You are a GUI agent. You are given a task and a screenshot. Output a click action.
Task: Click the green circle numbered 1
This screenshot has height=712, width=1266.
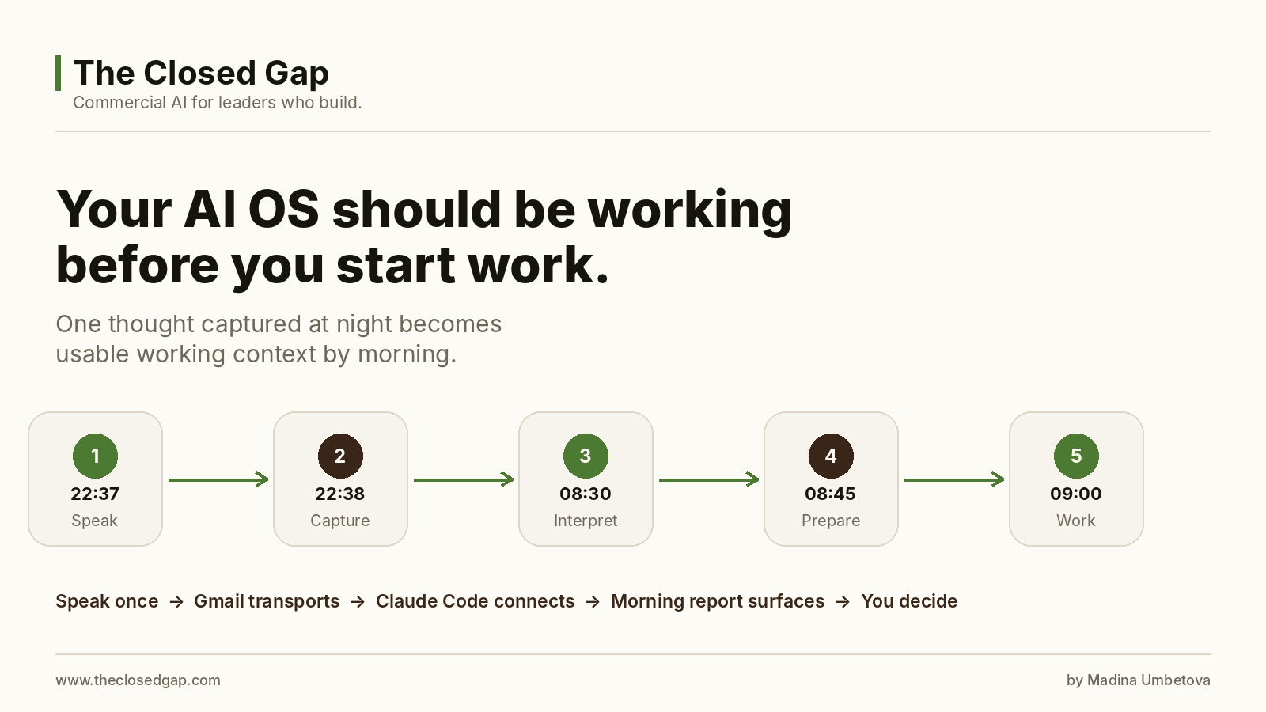click(95, 456)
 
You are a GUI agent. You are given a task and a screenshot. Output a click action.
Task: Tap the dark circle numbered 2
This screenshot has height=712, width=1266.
click(340, 456)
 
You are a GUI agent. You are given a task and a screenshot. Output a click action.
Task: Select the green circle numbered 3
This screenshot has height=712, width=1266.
click(586, 456)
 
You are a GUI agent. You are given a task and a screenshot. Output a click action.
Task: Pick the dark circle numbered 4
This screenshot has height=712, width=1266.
click(831, 456)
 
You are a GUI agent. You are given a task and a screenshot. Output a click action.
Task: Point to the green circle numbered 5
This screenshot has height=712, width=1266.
click(1076, 456)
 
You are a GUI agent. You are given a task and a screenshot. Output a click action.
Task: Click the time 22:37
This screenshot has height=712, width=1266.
click(95, 494)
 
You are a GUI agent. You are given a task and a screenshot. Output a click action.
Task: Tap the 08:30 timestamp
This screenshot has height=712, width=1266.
click(586, 494)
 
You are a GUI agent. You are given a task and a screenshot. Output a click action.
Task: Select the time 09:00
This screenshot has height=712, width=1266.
click(1076, 494)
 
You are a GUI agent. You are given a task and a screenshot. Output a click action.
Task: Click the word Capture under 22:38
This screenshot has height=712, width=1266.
click(340, 521)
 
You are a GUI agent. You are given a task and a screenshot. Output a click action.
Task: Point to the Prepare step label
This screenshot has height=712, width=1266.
click(831, 521)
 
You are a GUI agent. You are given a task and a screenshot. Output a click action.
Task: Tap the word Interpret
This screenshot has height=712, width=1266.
click(586, 521)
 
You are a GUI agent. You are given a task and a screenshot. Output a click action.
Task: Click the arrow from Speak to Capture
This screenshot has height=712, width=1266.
click(218, 479)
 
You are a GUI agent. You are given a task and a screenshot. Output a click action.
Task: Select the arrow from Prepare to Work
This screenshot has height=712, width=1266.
click(954, 479)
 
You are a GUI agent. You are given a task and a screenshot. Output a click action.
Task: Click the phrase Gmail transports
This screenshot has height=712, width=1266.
click(267, 601)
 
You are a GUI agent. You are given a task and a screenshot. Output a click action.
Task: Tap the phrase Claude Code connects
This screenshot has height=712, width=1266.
click(475, 601)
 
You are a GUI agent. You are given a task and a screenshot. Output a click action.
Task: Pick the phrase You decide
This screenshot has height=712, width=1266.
click(909, 601)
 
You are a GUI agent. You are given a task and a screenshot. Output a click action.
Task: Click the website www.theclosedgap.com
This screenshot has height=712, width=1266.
click(138, 680)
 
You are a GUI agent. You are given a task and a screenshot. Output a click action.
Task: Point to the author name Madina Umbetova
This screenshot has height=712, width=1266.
click(1149, 680)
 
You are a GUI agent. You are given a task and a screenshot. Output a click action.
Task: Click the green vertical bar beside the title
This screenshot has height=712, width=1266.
click(59, 73)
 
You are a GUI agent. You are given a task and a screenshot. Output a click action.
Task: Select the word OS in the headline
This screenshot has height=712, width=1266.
click(284, 209)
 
